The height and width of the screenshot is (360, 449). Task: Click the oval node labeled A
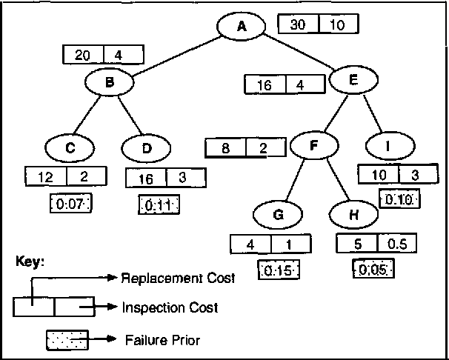click(242, 26)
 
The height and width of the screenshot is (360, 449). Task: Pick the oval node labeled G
click(278, 215)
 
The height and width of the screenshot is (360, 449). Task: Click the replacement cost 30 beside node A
click(298, 24)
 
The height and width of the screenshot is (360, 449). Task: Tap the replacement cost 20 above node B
click(84, 55)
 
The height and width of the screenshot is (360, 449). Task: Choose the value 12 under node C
click(46, 178)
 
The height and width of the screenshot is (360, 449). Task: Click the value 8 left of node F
click(226, 148)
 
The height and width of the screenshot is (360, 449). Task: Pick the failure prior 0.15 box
click(278, 270)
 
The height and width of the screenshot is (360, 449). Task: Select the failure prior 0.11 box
click(159, 204)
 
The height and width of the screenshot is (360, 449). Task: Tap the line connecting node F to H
click(335, 181)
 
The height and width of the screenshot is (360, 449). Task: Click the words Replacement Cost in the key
click(178, 279)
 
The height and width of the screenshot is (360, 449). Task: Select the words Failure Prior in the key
click(163, 340)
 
